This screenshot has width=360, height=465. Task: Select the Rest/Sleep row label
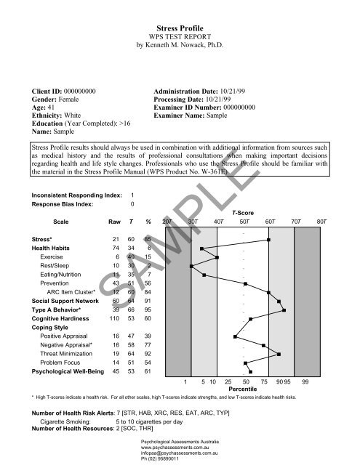pyautogui.click(x=56, y=267)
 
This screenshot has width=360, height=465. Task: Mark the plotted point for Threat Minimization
pyautogui.click(x=279, y=354)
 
